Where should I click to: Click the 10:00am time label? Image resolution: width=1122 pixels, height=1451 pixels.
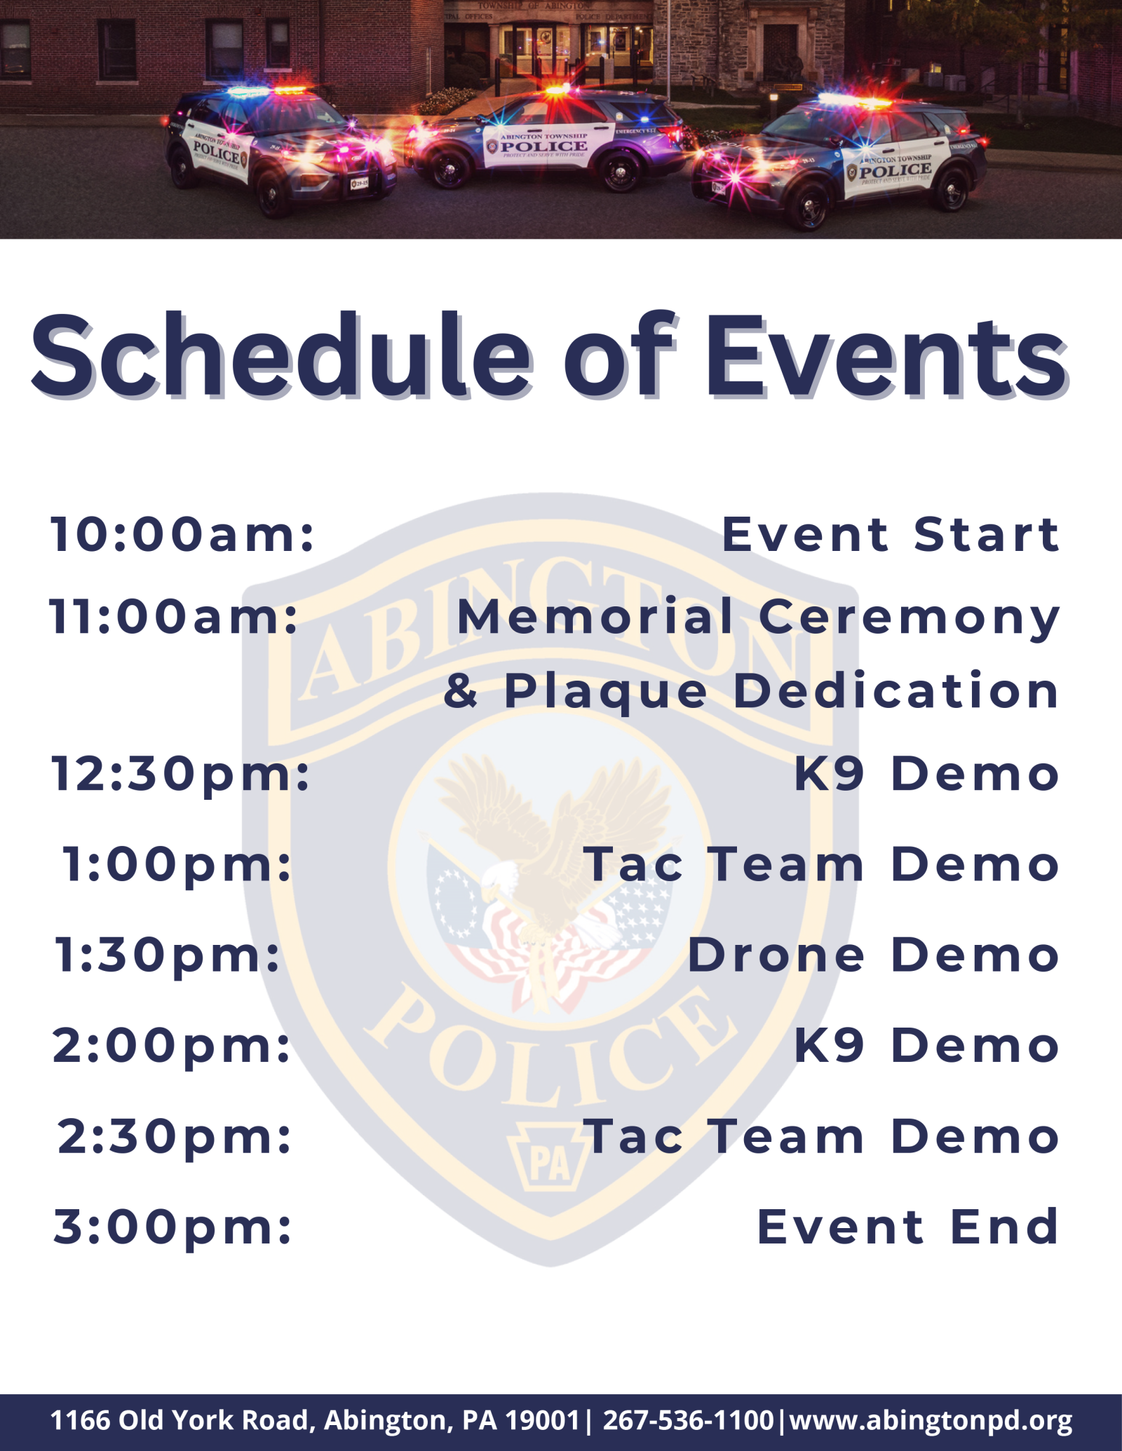[x=182, y=535]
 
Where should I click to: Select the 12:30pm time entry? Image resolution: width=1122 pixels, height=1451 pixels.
[x=181, y=775]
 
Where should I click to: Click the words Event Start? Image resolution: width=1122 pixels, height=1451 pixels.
[x=891, y=535]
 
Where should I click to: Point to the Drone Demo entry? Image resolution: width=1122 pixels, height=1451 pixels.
[x=873, y=955]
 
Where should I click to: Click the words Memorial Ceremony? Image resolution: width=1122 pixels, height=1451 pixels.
[x=758, y=617]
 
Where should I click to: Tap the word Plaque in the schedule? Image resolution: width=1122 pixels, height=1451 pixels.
[x=607, y=692]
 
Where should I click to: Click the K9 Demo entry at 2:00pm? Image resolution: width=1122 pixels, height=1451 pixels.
[x=926, y=1046]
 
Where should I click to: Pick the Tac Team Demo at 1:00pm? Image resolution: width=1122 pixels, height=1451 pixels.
[x=822, y=865]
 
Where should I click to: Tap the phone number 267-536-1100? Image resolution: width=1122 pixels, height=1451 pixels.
[x=688, y=1421]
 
